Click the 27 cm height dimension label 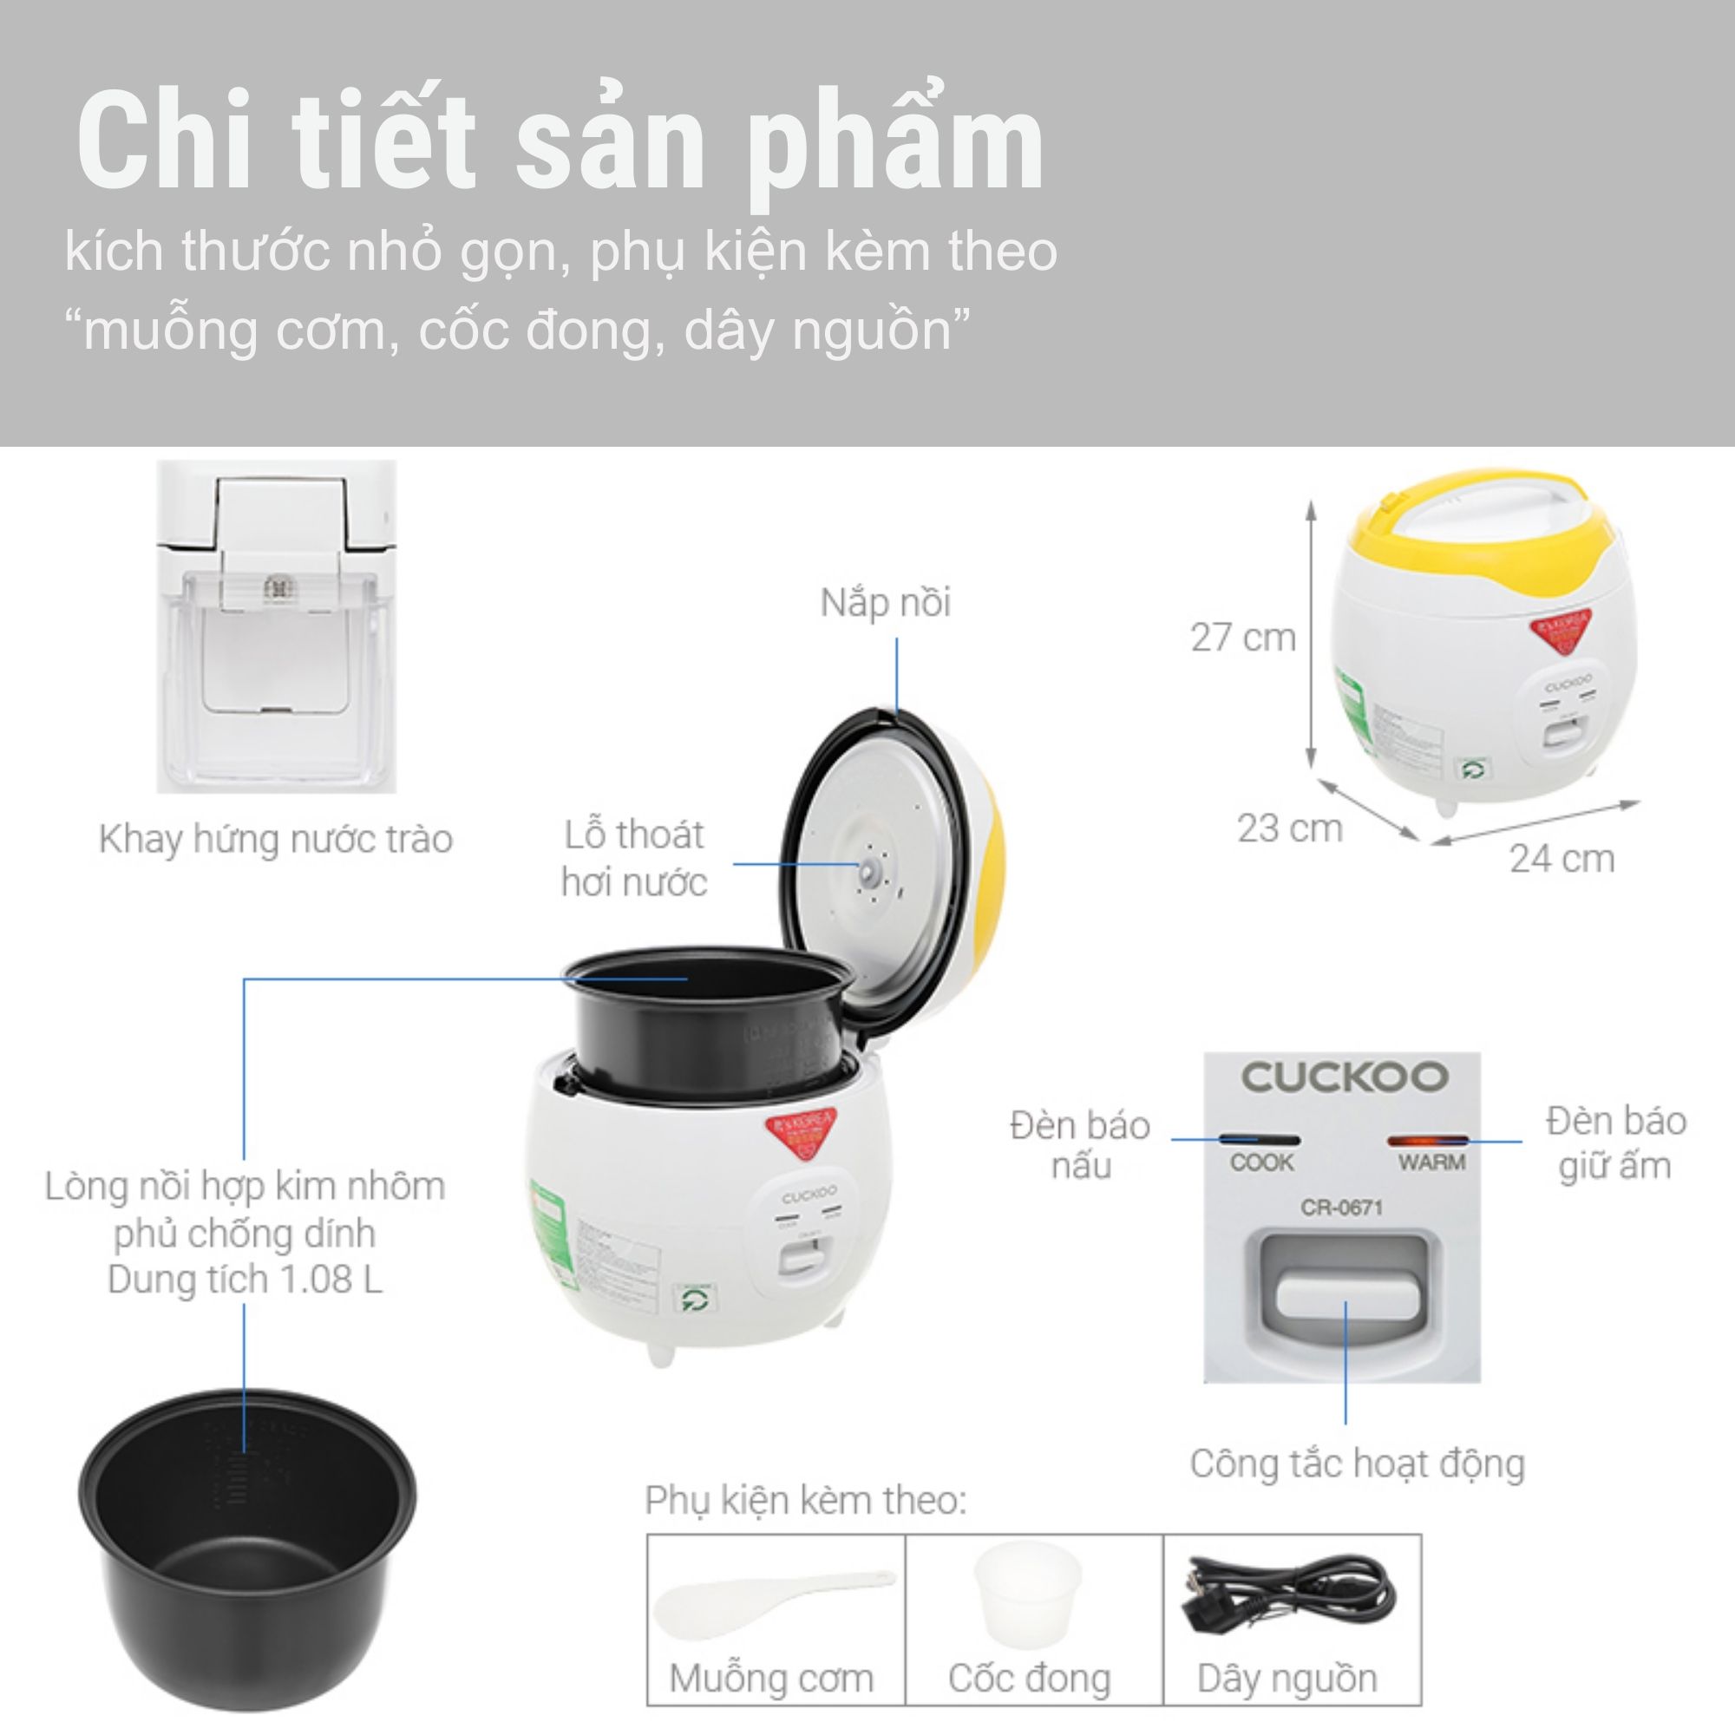click(1243, 638)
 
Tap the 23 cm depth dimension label click(1290, 828)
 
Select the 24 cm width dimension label click(1561, 859)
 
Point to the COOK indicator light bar click(1259, 1140)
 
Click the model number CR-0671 click(1342, 1208)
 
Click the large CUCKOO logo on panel click(1344, 1077)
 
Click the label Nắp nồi click(885, 603)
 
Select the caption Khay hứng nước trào click(276, 839)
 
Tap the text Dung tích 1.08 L click(245, 1280)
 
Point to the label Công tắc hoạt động click(1357, 1463)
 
